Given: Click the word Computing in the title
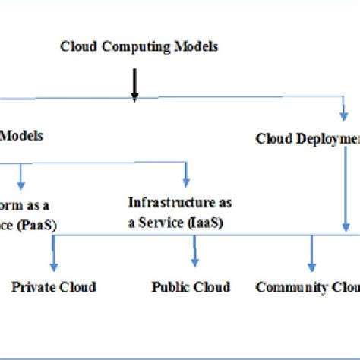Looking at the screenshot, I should [131, 47].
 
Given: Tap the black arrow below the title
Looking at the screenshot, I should [134, 84].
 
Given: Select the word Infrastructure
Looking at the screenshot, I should [164, 202].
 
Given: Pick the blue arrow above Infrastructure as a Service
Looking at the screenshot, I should [185, 175].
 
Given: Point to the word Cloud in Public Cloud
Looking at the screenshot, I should [213, 287].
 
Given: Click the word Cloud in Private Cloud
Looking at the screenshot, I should [80, 287].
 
